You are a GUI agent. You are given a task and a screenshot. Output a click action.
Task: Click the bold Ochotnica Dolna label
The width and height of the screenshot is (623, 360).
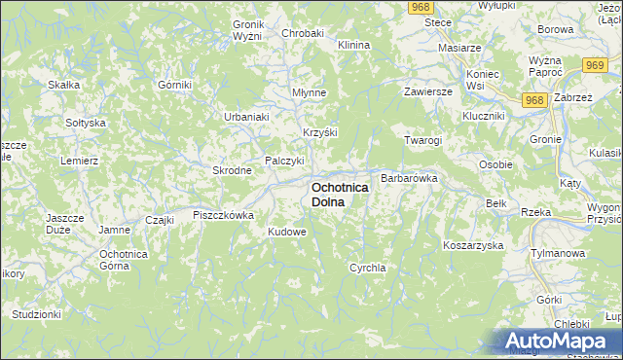click(x=340, y=194)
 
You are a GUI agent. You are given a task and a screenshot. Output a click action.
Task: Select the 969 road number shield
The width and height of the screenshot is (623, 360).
click(x=597, y=64)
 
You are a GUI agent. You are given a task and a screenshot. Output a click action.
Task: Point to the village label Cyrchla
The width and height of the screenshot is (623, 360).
click(x=368, y=267)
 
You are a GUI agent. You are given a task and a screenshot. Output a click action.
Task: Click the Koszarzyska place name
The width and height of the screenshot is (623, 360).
click(x=472, y=245)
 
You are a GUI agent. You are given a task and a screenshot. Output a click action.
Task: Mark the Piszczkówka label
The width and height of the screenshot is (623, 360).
click(x=223, y=215)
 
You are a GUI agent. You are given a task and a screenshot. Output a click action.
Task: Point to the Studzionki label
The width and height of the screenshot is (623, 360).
click(x=37, y=314)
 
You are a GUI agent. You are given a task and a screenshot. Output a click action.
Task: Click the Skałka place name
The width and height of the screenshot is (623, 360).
click(x=63, y=85)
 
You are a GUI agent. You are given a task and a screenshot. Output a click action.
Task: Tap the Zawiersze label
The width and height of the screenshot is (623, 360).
click(x=429, y=91)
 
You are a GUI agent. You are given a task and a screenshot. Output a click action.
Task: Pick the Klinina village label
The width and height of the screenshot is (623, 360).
click(x=353, y=46)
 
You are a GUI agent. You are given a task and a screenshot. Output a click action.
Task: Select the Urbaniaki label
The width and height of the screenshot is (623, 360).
click(x=246, y=117)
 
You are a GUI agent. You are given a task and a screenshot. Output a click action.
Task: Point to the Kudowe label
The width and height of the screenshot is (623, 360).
click(x=287, y=233)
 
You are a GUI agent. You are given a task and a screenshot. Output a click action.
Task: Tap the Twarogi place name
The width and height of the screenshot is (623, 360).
click(x=423, y=140)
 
